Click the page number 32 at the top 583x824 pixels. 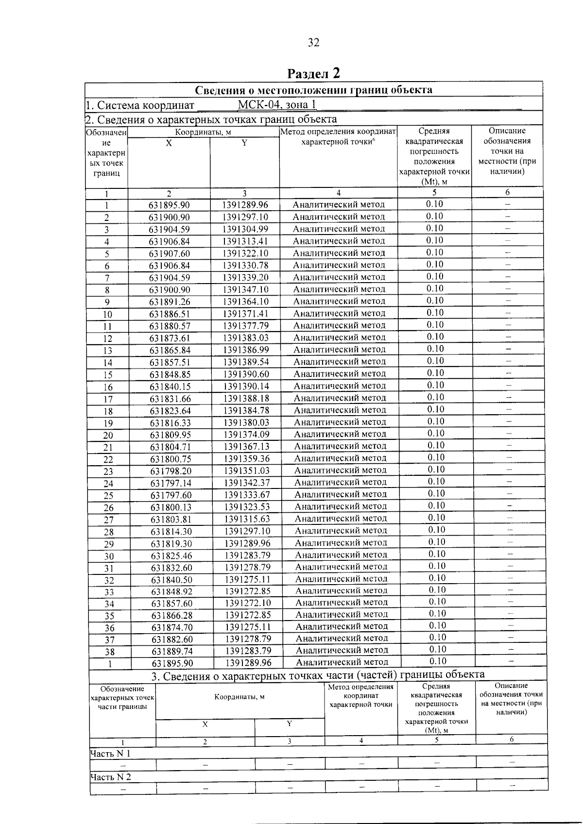tap(313, 43)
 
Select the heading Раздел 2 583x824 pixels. tap(313, 73)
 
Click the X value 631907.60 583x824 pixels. tap(170, 253)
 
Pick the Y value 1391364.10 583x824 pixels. tap(245, 302)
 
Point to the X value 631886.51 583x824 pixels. tap(170, 314)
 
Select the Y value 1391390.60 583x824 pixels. tap(246, 374)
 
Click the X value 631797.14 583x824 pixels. tap(170, 483)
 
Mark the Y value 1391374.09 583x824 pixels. tap(246, 434)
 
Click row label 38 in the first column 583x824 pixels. tap(110, 652)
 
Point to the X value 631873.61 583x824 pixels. tap(170, 338)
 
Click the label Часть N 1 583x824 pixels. tap(110, 754)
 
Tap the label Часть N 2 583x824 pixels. tap(110, 777)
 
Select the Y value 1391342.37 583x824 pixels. tap(246, 483)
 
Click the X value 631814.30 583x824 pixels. tap(171, 531)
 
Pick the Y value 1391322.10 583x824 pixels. tap(245, 253)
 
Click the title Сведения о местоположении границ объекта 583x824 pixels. tap(313, 90)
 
